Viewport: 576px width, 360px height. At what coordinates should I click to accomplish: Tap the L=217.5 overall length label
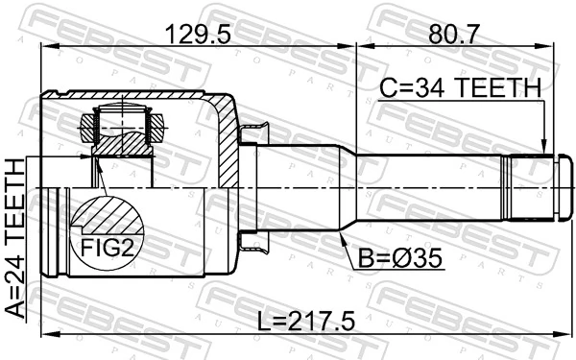pyautogui.click(x=299, y=323)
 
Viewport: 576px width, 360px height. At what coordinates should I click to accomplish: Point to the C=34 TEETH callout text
pyautogui.click(x=460, y=89)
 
